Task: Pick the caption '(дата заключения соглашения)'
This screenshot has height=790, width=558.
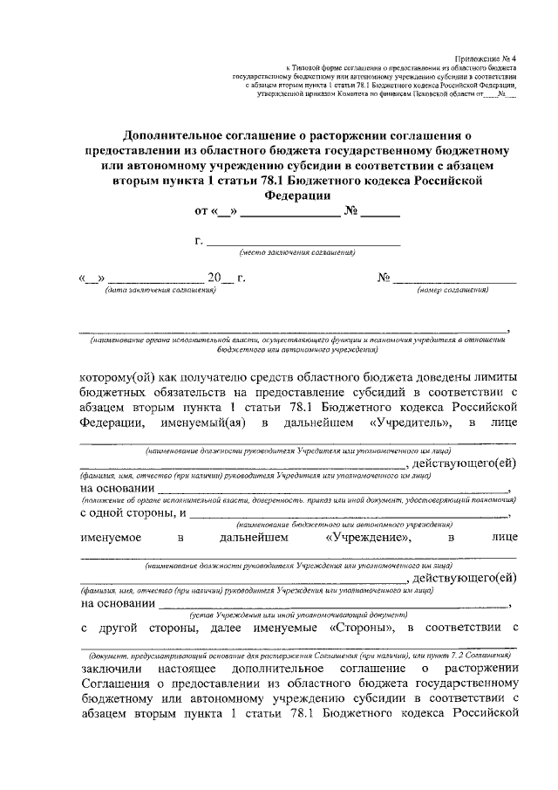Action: (160, 290)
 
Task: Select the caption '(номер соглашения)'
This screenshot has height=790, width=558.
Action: (452, 290)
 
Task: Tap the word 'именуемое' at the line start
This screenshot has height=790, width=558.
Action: (112, 539)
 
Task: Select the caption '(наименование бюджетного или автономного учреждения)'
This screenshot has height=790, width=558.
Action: (343, 525)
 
